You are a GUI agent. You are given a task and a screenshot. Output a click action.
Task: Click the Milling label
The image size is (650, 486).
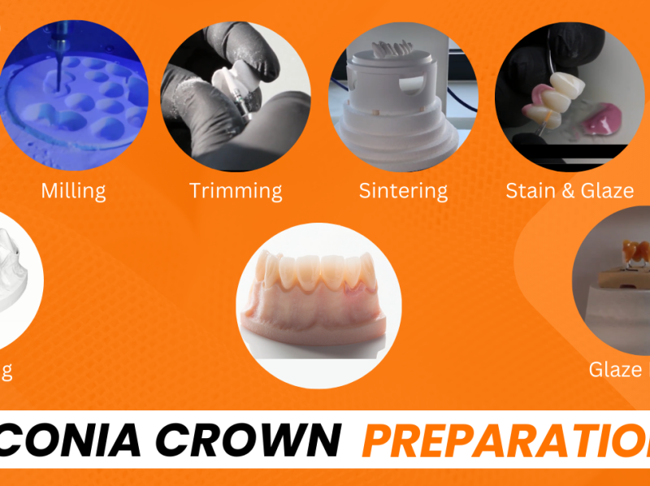pyautogui.click(x=73, y=191)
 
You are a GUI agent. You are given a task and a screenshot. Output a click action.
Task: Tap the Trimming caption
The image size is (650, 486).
pyautogui.click(x=236, y=191)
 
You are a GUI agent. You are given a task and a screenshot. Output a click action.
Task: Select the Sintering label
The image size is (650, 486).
pyautogui.click(x=403, y=191)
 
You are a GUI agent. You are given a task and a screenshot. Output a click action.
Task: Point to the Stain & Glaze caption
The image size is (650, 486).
pyautogui.click(x=569, y=191)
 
